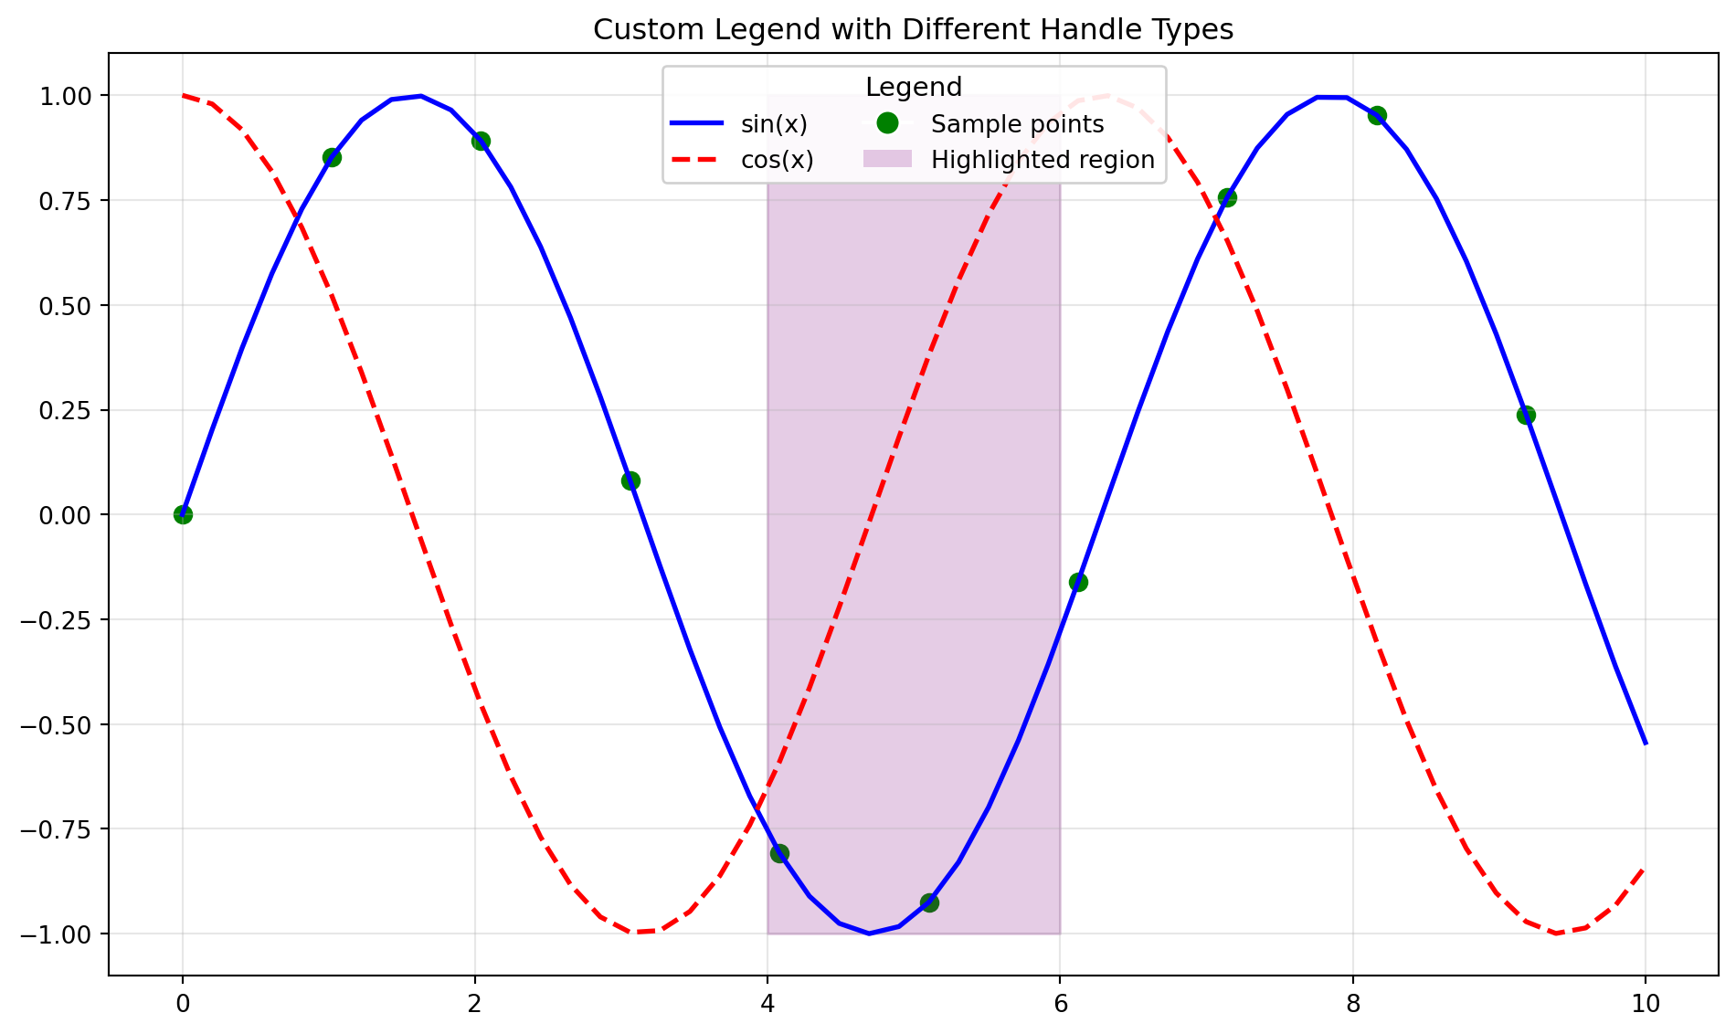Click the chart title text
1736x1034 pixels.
point(913,30)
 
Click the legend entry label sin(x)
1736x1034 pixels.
point(774,124)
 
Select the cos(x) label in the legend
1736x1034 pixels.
point(777,160)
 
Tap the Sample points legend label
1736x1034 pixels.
point(1017,124)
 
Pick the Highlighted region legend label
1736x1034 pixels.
point(1043,160)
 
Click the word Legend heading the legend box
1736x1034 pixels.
point(914,88)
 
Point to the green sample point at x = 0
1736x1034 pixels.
point(183,514)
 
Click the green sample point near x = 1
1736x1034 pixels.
point(332,157)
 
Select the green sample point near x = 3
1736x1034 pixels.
point(630,480)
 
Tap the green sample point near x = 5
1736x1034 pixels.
point(929,902)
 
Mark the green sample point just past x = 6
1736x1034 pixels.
point(1078,582)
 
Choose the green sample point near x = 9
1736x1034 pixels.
point(1526,415)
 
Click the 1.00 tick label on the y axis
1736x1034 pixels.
point(67,96)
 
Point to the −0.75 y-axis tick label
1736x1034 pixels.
point(58,829)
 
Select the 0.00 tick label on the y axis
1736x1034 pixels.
point(67,515)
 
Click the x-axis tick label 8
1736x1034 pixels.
point(1353,1004)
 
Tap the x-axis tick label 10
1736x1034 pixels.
point(1646,1004)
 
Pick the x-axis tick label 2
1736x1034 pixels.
point(474,1004)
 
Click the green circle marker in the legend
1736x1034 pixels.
point(887,122)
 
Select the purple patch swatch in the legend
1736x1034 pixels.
point(887,159)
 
